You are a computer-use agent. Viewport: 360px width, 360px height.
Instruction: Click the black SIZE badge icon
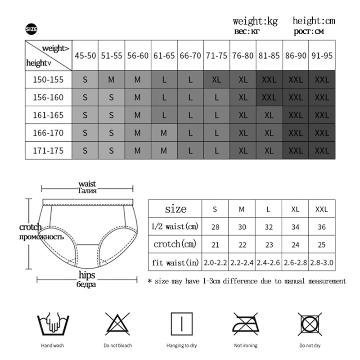[31, 30]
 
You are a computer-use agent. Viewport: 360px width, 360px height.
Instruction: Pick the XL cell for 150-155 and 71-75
[217, 80]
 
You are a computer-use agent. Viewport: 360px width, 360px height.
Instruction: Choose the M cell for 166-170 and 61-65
[164, 133]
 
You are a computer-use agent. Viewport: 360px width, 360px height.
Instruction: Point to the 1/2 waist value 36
[321, 227]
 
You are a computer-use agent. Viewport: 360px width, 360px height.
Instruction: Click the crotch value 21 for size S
[216, 245]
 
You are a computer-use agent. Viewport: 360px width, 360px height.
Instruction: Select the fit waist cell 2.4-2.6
[269, 262]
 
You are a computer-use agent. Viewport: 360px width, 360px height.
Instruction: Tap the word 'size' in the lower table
[175, 209]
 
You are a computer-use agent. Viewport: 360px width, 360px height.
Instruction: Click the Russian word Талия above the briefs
[87, 191]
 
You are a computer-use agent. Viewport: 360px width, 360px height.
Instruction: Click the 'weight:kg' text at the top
[256, 21]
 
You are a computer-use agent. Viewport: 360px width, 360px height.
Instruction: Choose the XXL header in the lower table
[321, 209]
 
